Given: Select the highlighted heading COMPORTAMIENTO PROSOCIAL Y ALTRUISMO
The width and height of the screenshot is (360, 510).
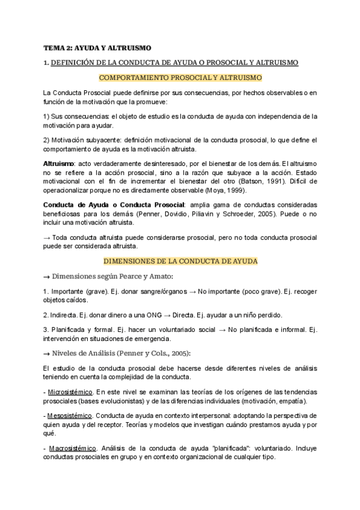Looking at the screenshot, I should (180, 78).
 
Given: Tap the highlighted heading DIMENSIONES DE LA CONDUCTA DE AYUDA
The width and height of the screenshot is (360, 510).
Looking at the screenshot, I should (180, 261).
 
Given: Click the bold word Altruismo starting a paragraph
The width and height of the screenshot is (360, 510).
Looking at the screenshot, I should (58, 164).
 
